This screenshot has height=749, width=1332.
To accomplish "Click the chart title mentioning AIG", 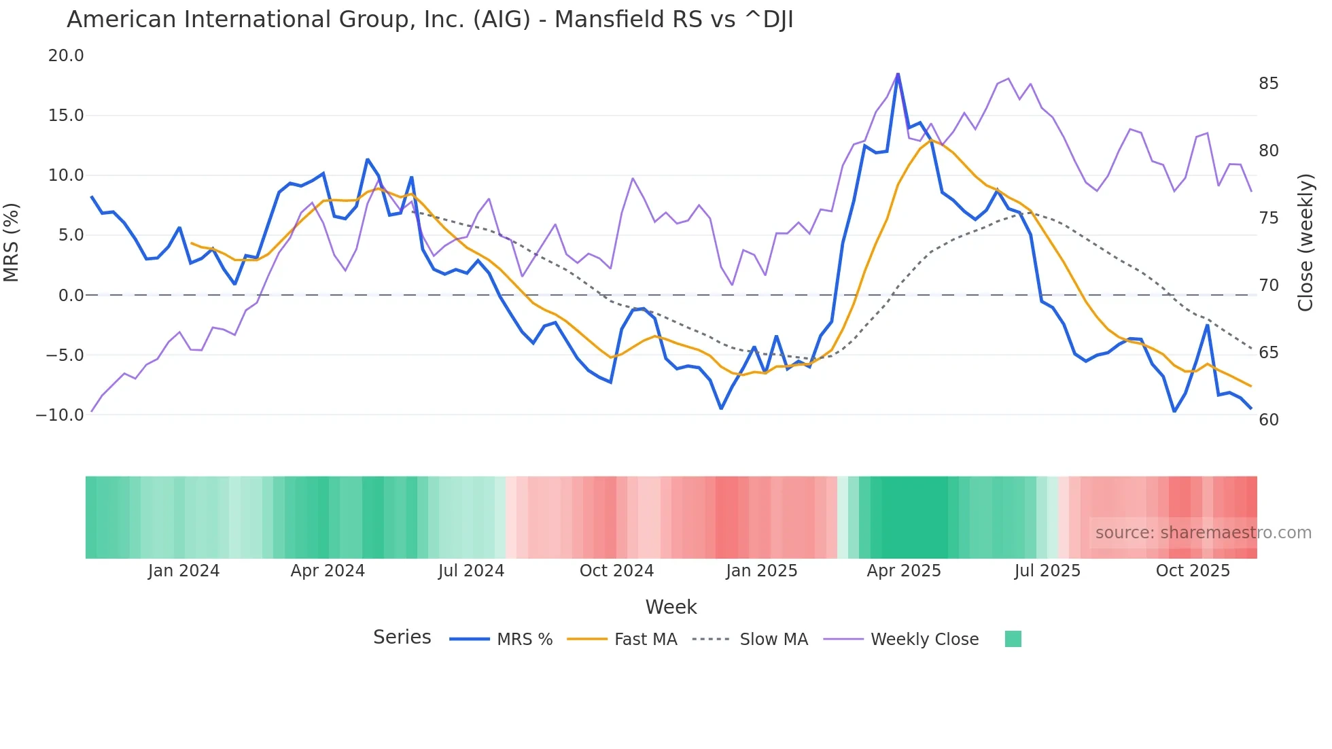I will point(430,20).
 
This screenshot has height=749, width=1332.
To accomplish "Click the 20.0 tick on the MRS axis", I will point(66,56).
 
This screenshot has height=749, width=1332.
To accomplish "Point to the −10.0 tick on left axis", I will point(60,415).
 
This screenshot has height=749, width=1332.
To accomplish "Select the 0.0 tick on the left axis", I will point(71,295).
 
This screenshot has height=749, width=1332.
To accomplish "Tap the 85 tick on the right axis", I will point(1268,84).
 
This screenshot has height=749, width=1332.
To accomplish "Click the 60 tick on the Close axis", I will point(1268,420).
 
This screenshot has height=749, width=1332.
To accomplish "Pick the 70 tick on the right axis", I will point(1268,285).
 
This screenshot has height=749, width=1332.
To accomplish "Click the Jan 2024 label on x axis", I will point(183,571).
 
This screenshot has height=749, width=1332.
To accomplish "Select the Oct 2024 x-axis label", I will point(616,571).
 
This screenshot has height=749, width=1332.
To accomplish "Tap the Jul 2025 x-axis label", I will point(1047,571).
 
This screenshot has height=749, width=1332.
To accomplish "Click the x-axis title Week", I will point(671,607).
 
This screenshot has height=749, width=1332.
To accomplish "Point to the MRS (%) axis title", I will point(12,242).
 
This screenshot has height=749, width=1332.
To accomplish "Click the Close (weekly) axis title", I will point(1305,242).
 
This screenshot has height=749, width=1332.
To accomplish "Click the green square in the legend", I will point(1013,639).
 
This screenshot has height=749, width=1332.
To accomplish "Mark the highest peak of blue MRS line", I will point(898,73).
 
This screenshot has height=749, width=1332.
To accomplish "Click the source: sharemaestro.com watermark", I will point(1203,533).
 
